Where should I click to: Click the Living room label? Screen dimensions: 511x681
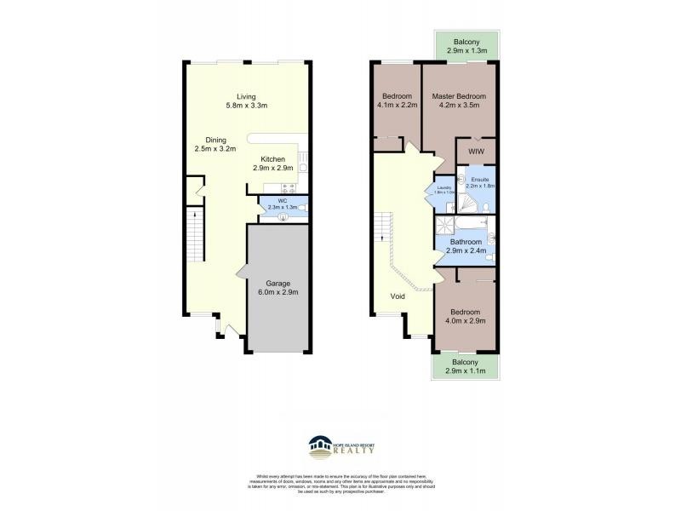pyautogui.click(x=246, y=101)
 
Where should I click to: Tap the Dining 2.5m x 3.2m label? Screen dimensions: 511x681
pyautogui.click(x=215, y=145)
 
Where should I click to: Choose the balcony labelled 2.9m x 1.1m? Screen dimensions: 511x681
pyautogui.click(x=465, y=367)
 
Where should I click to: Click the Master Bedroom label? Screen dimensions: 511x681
pyautogui.click(x=460, y=101)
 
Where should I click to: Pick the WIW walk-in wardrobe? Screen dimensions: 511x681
pyautogui.click(x=477, y=152)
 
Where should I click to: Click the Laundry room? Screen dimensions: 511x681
pyautogui.click(x=443, y=191)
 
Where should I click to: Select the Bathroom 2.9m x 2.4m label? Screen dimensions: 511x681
pyautogui.click(x=466, y=247)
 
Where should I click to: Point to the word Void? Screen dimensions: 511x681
pyautogui.click(x=398, y=297)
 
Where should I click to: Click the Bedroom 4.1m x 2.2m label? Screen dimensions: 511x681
pyautogui.click(x=397, y=101)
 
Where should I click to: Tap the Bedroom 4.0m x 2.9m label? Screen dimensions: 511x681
pyautogui.click(x=466, y=317)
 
